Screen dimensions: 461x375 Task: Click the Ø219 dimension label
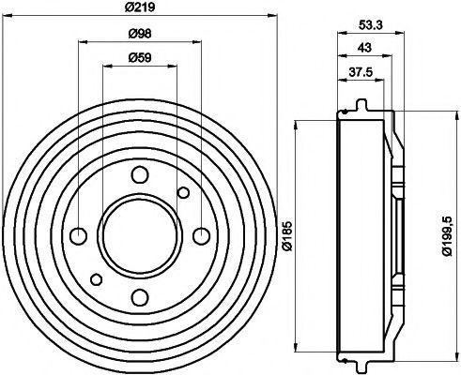click(x=140, y=7)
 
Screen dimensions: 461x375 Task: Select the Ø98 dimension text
click(x=140, y=33)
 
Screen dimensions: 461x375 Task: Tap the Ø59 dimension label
click(x=140, y=57)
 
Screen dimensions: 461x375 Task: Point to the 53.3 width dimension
click(x=371, y=25)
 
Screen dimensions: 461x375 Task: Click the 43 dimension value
click(x=365, y=48)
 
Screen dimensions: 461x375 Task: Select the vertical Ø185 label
click(x=287, y=236)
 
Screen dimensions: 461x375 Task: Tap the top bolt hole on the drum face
click(x=140, y=175)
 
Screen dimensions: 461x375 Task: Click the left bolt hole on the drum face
click(x=78, y=236)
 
